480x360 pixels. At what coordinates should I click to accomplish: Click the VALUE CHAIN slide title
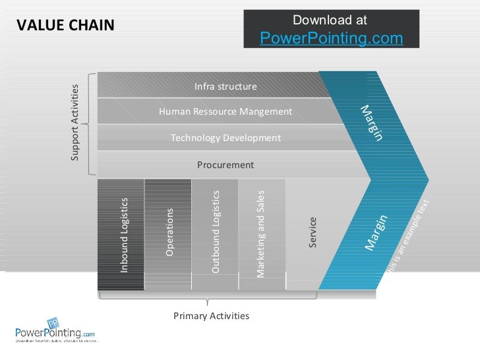tap(65, 25)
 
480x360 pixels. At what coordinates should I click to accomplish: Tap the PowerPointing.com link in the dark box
tap(331, 39)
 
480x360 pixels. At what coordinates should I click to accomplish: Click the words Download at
tap(330, 21)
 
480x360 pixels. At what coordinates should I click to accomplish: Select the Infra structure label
tap(225, 86)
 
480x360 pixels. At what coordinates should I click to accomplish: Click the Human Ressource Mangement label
tap(225, 111)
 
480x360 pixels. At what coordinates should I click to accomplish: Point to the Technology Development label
tap(225, 138)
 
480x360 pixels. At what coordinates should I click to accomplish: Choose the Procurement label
tap(225, 164)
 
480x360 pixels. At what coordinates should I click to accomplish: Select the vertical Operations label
tap(169, 232)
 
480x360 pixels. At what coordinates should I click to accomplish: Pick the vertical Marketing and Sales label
tap(260, 233)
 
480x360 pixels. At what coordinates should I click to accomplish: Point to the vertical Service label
tap(313, 232)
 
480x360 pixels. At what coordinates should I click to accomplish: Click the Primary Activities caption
tap(211, 316)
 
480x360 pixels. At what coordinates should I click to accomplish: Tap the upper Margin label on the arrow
tap(371, 123)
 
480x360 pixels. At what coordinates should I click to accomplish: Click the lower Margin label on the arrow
tap(376, 233)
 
